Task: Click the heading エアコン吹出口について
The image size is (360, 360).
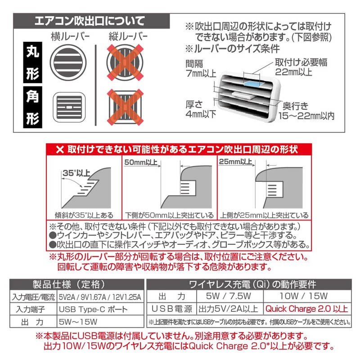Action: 90,21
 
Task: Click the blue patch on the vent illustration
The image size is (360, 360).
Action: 255,82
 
